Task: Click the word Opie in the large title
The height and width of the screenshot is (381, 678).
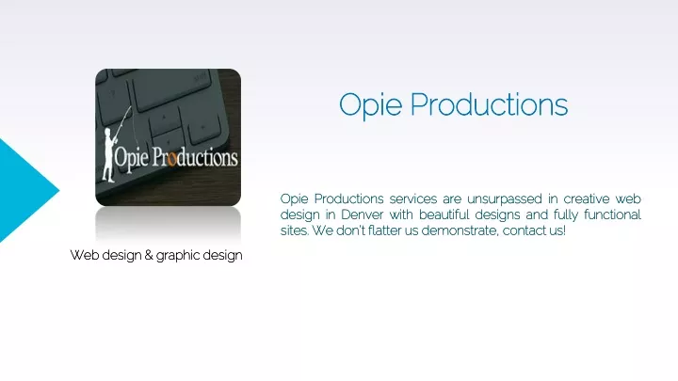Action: point(371,105)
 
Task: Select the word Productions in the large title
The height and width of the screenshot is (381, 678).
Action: point(489,104)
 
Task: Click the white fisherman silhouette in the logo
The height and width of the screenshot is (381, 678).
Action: point(110,155)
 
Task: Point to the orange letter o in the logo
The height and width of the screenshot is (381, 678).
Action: point(171,160)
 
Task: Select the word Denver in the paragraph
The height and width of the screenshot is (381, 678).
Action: point(362,214)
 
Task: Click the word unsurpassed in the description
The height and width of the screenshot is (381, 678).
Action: point(504,199)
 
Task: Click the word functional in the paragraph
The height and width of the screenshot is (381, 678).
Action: point(612,214)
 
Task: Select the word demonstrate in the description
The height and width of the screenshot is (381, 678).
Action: point(460,230)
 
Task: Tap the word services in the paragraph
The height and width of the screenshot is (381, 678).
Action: point(413,198)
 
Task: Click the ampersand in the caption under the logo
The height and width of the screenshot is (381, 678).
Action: point(149,255)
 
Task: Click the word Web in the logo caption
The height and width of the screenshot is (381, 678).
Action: point(83,255)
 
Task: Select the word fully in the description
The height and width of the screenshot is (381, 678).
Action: point(566,215)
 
